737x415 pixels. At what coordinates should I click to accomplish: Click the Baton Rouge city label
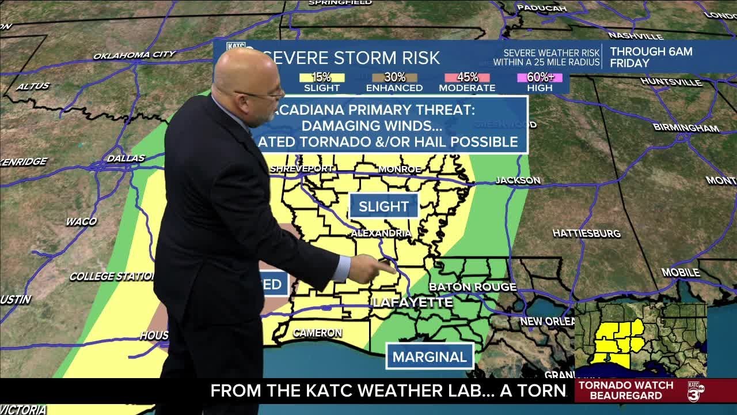tap(472, 287)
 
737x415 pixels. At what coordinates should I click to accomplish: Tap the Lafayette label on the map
tap(413, 302)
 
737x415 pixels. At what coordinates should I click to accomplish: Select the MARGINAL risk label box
tap(430, 357)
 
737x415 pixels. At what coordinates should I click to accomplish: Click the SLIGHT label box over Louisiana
tap(383, 206)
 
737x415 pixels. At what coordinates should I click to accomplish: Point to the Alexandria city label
tap(381, 233)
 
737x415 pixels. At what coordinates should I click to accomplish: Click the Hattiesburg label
tap(586, 233)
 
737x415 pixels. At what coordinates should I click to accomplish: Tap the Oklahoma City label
tap(134, 55)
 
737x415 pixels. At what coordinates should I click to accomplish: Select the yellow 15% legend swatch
tap(321, 77)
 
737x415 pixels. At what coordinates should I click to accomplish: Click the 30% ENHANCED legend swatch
tap(394, 77)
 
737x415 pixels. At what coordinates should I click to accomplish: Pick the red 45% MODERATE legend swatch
tap(467, 77)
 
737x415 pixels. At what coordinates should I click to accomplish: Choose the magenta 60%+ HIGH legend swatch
tap(540, 77)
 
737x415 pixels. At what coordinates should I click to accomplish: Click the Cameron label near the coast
tap(317, 333)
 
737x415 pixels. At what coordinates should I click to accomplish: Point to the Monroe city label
tap(400, 169)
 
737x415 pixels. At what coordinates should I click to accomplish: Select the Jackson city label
tap(518, 180)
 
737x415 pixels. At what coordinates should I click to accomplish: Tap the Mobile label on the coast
tap(680, 272)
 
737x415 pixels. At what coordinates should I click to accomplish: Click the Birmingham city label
tap(686, 128)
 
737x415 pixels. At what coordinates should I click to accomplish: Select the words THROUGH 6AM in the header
tap(651, 52)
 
